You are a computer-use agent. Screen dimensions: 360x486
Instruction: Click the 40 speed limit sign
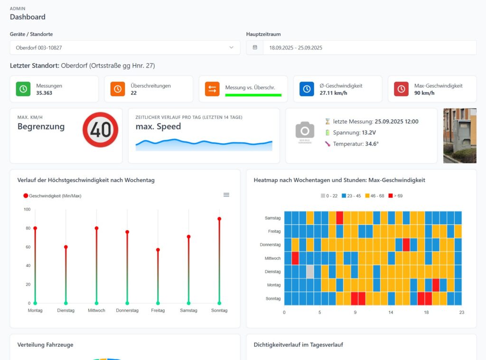tap(100, 129)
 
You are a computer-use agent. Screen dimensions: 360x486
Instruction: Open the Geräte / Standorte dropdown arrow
tap(232, 47)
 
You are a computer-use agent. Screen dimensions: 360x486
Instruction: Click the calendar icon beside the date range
tap(255, 47)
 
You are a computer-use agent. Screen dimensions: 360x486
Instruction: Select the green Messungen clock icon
tap(23, 89)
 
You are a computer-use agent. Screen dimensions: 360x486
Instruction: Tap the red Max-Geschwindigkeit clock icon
tap(402, 89)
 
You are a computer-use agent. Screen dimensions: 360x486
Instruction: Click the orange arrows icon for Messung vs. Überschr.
tap(212, 89)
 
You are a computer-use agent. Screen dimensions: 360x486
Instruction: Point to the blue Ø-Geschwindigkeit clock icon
tap(307, 89)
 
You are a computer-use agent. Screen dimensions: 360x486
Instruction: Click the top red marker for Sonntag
tap(219, 219)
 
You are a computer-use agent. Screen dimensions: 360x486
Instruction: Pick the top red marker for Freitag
tap(158, 250)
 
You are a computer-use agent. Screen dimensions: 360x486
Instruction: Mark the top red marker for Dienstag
tap(66, 247)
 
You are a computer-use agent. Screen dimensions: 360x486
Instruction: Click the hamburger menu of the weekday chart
tap(226, 195)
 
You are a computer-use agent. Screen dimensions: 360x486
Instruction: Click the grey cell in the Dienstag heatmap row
tap(310, 272)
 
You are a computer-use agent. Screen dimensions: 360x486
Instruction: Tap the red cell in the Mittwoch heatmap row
tap(295, 258)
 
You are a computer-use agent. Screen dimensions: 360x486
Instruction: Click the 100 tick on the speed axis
tap(27, 209)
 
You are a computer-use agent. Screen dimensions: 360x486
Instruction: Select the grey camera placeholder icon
tap(305, 130)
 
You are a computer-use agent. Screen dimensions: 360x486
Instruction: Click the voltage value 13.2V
tap(368, 132)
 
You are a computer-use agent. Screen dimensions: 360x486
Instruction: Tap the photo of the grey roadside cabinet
tap(459, 136)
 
